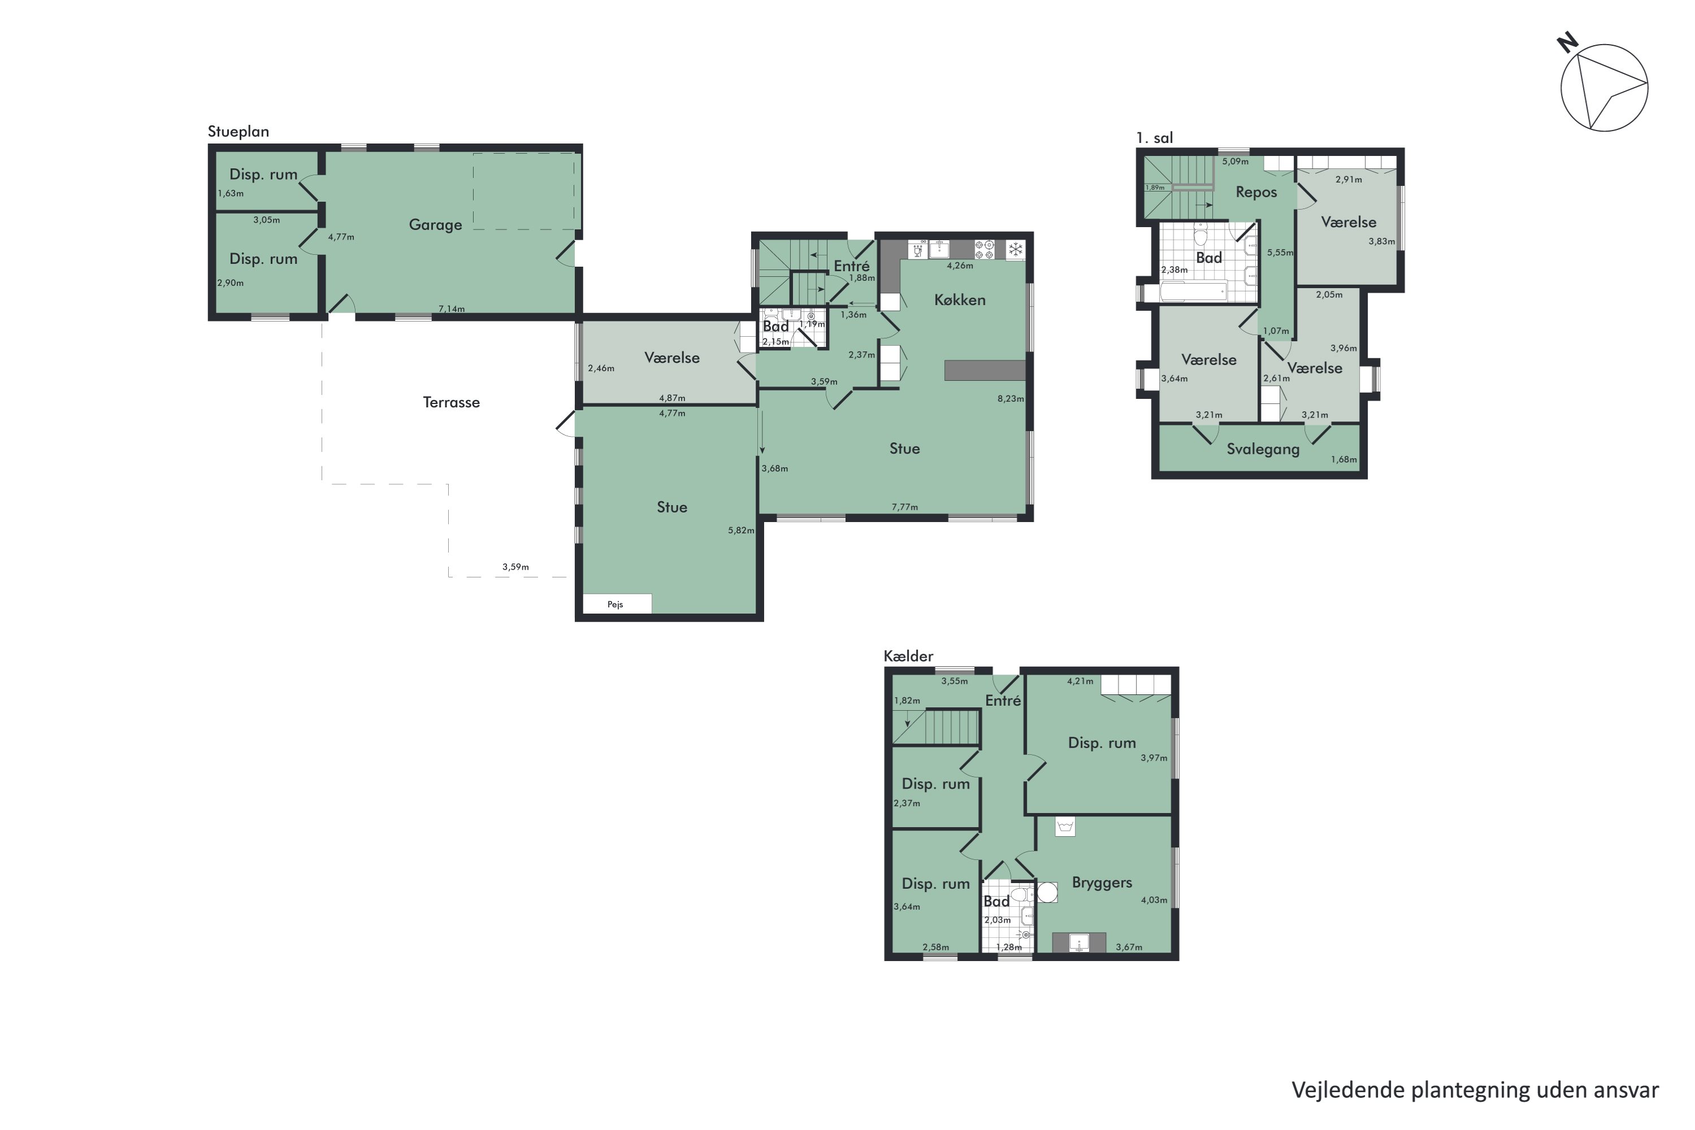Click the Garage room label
pos(435,225)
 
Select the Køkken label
pos(959,300)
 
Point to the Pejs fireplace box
pos(617,604)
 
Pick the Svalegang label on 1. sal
pos(1263,449)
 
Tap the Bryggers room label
pos(1102,883)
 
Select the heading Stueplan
pos(238,132)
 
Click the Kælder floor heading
pos(908,656)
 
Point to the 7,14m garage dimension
pos(452,309)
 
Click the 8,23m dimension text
pos(1010,398)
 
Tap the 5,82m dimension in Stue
pos(740,531)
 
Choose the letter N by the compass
pos(1567,44)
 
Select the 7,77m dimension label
pos(904,507)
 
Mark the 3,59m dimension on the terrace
pos(515,567)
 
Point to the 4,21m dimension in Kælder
pos(1080,681)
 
